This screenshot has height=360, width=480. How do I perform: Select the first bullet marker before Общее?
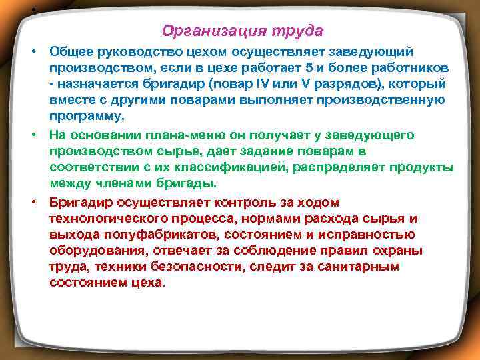point(31,52)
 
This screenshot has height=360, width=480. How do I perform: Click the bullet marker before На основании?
point(31,135)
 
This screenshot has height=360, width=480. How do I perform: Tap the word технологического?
point(103,218)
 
